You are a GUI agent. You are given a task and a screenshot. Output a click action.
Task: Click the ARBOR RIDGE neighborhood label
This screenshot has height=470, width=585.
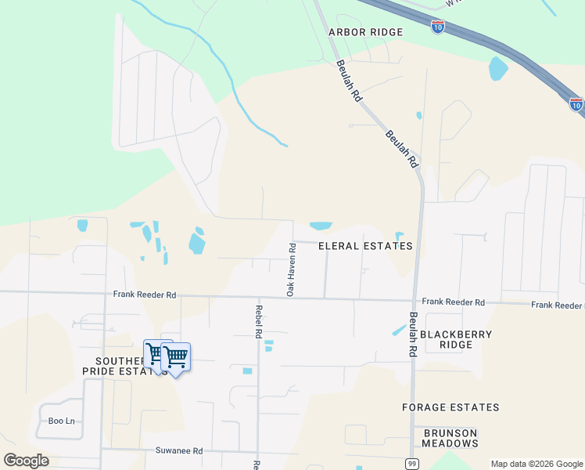click(365, 32)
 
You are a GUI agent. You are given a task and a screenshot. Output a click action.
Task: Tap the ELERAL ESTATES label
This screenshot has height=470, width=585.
click(365, 246)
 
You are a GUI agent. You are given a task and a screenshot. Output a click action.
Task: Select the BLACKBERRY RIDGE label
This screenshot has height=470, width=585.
click(456, 339)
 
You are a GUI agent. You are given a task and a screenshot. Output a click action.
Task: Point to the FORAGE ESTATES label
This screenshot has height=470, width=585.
click(450, 407)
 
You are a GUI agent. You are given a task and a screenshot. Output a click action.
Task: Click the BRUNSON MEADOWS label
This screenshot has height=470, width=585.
click(450, 438)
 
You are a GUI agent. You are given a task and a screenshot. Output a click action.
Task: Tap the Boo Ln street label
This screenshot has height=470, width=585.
click(62, 421)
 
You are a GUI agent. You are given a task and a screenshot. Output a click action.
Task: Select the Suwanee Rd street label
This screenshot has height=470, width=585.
click(180, 451)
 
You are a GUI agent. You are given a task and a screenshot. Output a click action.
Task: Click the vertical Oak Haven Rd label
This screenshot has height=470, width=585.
click(290, 269)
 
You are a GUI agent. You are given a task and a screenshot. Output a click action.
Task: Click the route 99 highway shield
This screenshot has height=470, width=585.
click(411, 464)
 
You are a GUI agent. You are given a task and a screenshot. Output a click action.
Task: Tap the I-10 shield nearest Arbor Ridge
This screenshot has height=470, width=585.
click(438, 27)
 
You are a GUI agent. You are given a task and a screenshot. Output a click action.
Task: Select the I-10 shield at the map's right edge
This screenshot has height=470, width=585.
click(576, 103)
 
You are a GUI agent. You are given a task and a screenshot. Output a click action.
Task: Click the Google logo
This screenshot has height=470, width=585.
click(27, 461)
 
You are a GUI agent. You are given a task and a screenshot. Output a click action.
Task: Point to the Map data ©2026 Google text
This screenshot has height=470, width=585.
click(537, 464)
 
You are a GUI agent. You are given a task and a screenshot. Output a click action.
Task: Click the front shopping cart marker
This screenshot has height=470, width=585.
click(176, 357)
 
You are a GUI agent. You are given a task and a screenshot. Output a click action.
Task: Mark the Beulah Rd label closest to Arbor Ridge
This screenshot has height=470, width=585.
click(349, 81)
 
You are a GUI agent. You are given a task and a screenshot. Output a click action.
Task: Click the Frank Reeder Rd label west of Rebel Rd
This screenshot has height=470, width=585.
click(145, 295)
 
